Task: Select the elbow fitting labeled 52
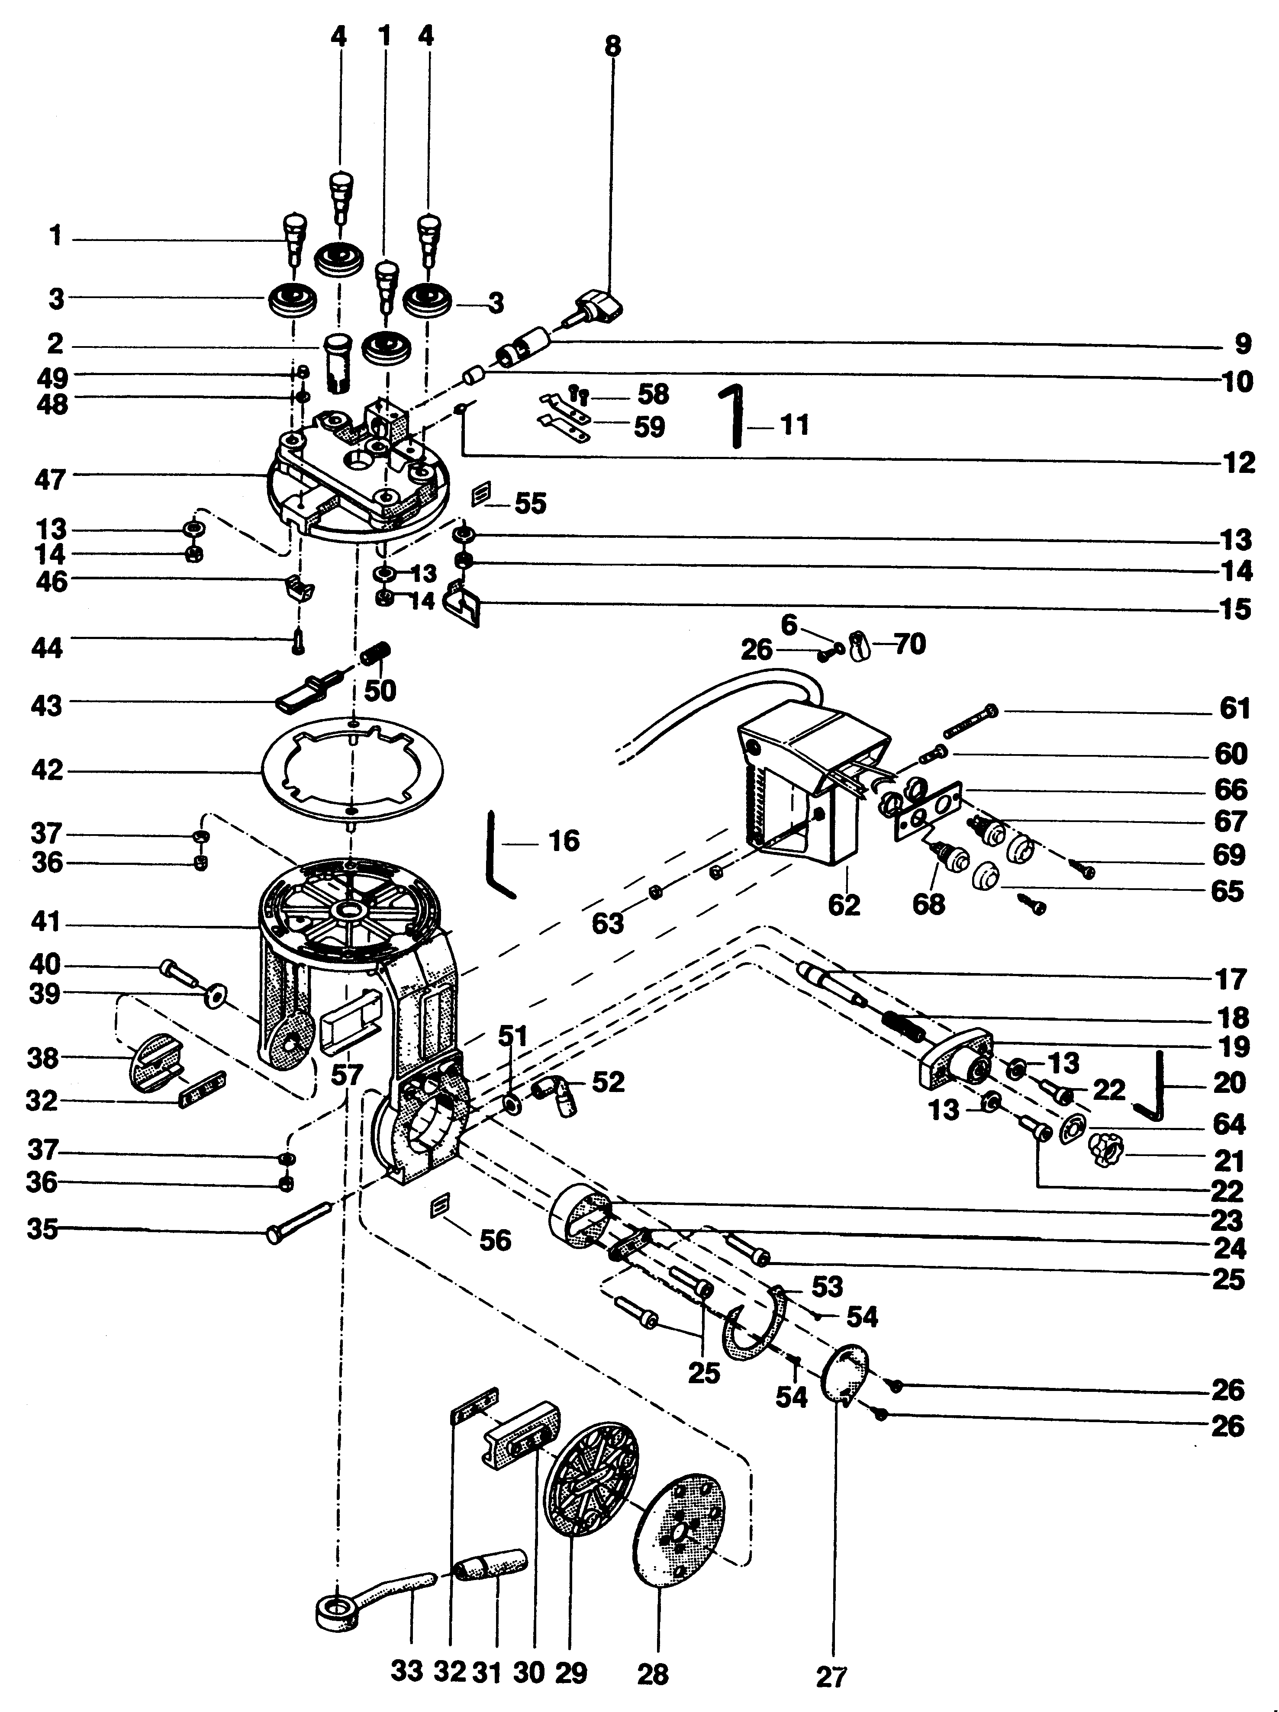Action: pyautogui.click(x=555, y=1094)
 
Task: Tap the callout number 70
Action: pyautogui.click(x=910, y=644)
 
